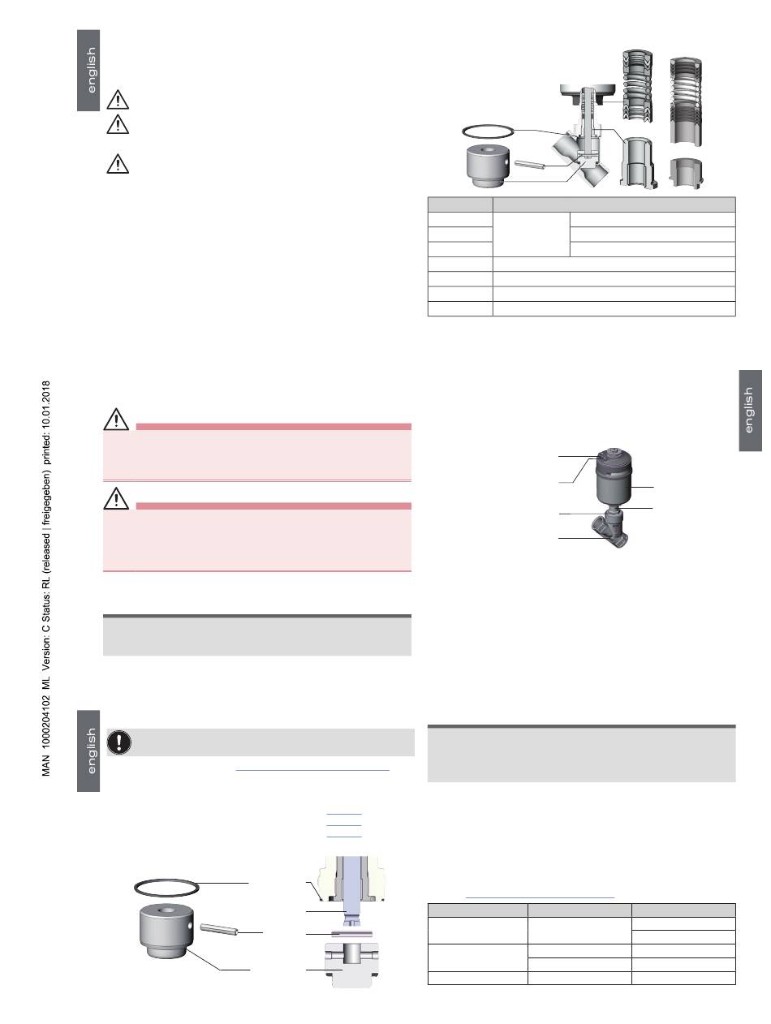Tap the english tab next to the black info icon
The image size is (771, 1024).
click(x=88, y=751)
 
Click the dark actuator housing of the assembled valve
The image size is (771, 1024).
click(x=614, y=480)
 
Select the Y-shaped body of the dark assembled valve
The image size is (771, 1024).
click(x=610, y=528)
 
